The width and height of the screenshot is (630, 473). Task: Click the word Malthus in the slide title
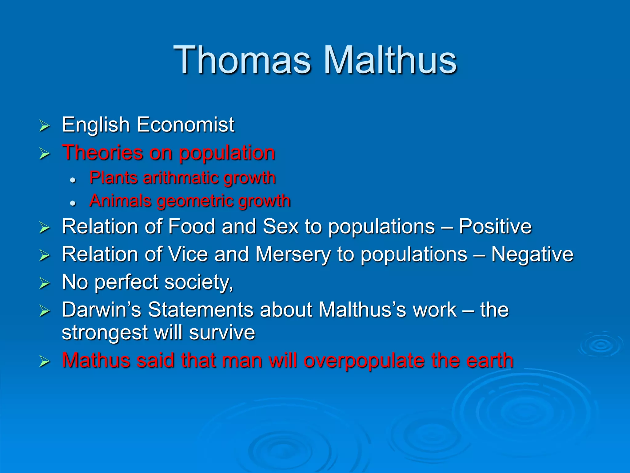[x=390, y=60]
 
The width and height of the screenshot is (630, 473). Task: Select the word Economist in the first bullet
[x=185, y=125]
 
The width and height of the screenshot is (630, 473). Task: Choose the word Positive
[x=495, y=227]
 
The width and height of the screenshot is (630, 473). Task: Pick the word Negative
[x=532, y=254]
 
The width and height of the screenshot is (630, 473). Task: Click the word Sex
[x=281, y=227]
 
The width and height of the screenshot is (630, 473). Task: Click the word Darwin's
[x=101, y=309]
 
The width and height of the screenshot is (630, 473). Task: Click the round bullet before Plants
[x=73, y=180]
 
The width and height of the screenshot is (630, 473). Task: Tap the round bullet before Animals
[x=73, y=203]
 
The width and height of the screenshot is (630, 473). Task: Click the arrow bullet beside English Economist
[x=45, y=126]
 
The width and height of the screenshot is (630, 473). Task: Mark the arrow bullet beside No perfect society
[x=45, y=283]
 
